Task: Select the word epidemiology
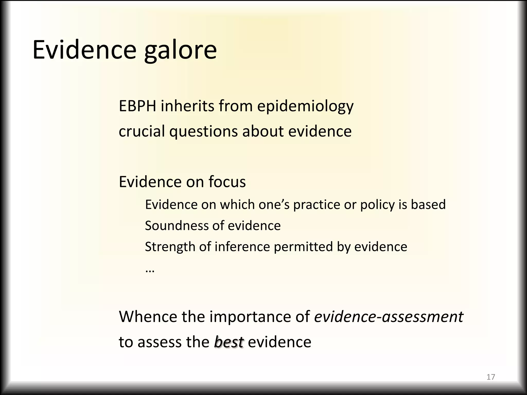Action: point(305,106)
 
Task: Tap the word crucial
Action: point(142,131)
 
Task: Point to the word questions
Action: point(203,132)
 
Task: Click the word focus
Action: point(227,182)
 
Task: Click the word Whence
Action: point(148,317)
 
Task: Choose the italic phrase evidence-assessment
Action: point(389,317)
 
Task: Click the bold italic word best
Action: point(229,342)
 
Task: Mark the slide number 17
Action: point(491,377)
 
